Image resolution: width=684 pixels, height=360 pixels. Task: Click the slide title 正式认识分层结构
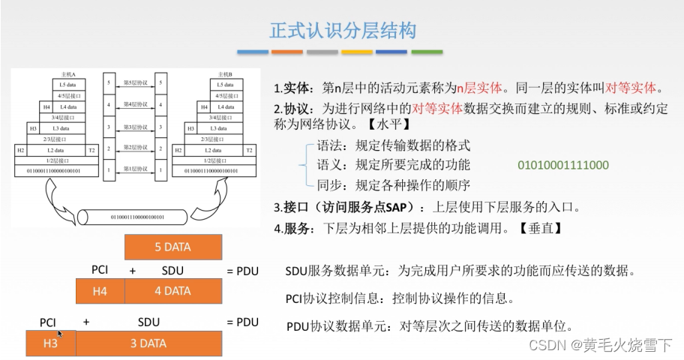(342, 31)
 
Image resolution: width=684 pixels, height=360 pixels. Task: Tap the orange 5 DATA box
(172, 247)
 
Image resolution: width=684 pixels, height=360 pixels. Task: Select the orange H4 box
(100, 291)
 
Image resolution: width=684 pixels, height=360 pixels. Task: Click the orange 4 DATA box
(172, 291)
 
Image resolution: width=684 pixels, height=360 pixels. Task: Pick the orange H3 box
(50, 343)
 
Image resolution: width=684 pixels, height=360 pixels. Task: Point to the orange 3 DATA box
(148, 343)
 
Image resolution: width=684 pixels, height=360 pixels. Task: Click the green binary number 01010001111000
(562, 165)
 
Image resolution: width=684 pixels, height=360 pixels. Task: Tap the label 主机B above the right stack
(223, 74)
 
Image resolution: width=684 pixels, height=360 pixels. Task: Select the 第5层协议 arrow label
(135, 80)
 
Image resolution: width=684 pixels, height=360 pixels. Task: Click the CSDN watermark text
(601, 345)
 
